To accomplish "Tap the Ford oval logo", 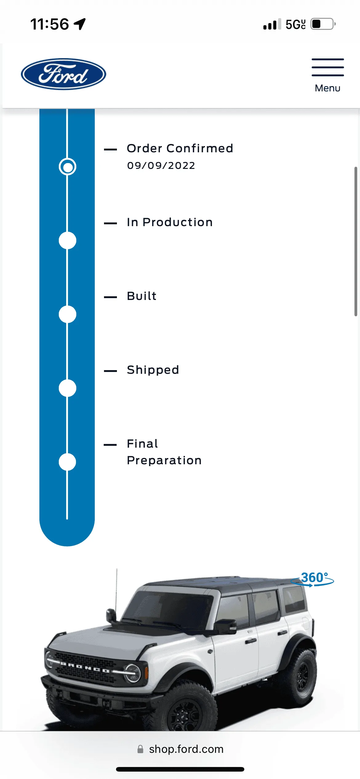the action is point(63,74).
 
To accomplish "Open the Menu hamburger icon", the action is point(328,67).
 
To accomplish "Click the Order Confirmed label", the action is point(180,148).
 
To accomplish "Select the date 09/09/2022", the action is point(161,166).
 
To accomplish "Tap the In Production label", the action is point(170,222).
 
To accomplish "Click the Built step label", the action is point(142,296).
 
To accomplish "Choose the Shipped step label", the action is point(153,370).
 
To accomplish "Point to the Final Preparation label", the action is point(164,452).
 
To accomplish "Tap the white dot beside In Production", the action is point(67,241).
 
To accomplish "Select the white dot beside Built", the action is point(67,314).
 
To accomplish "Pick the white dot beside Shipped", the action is point(67,388).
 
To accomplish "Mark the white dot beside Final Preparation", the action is point(67,462).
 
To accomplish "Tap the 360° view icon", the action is point(313,579).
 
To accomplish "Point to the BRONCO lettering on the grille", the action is point(85,667).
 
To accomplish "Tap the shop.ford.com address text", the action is point(186,749).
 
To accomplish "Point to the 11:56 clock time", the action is point(50,24).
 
